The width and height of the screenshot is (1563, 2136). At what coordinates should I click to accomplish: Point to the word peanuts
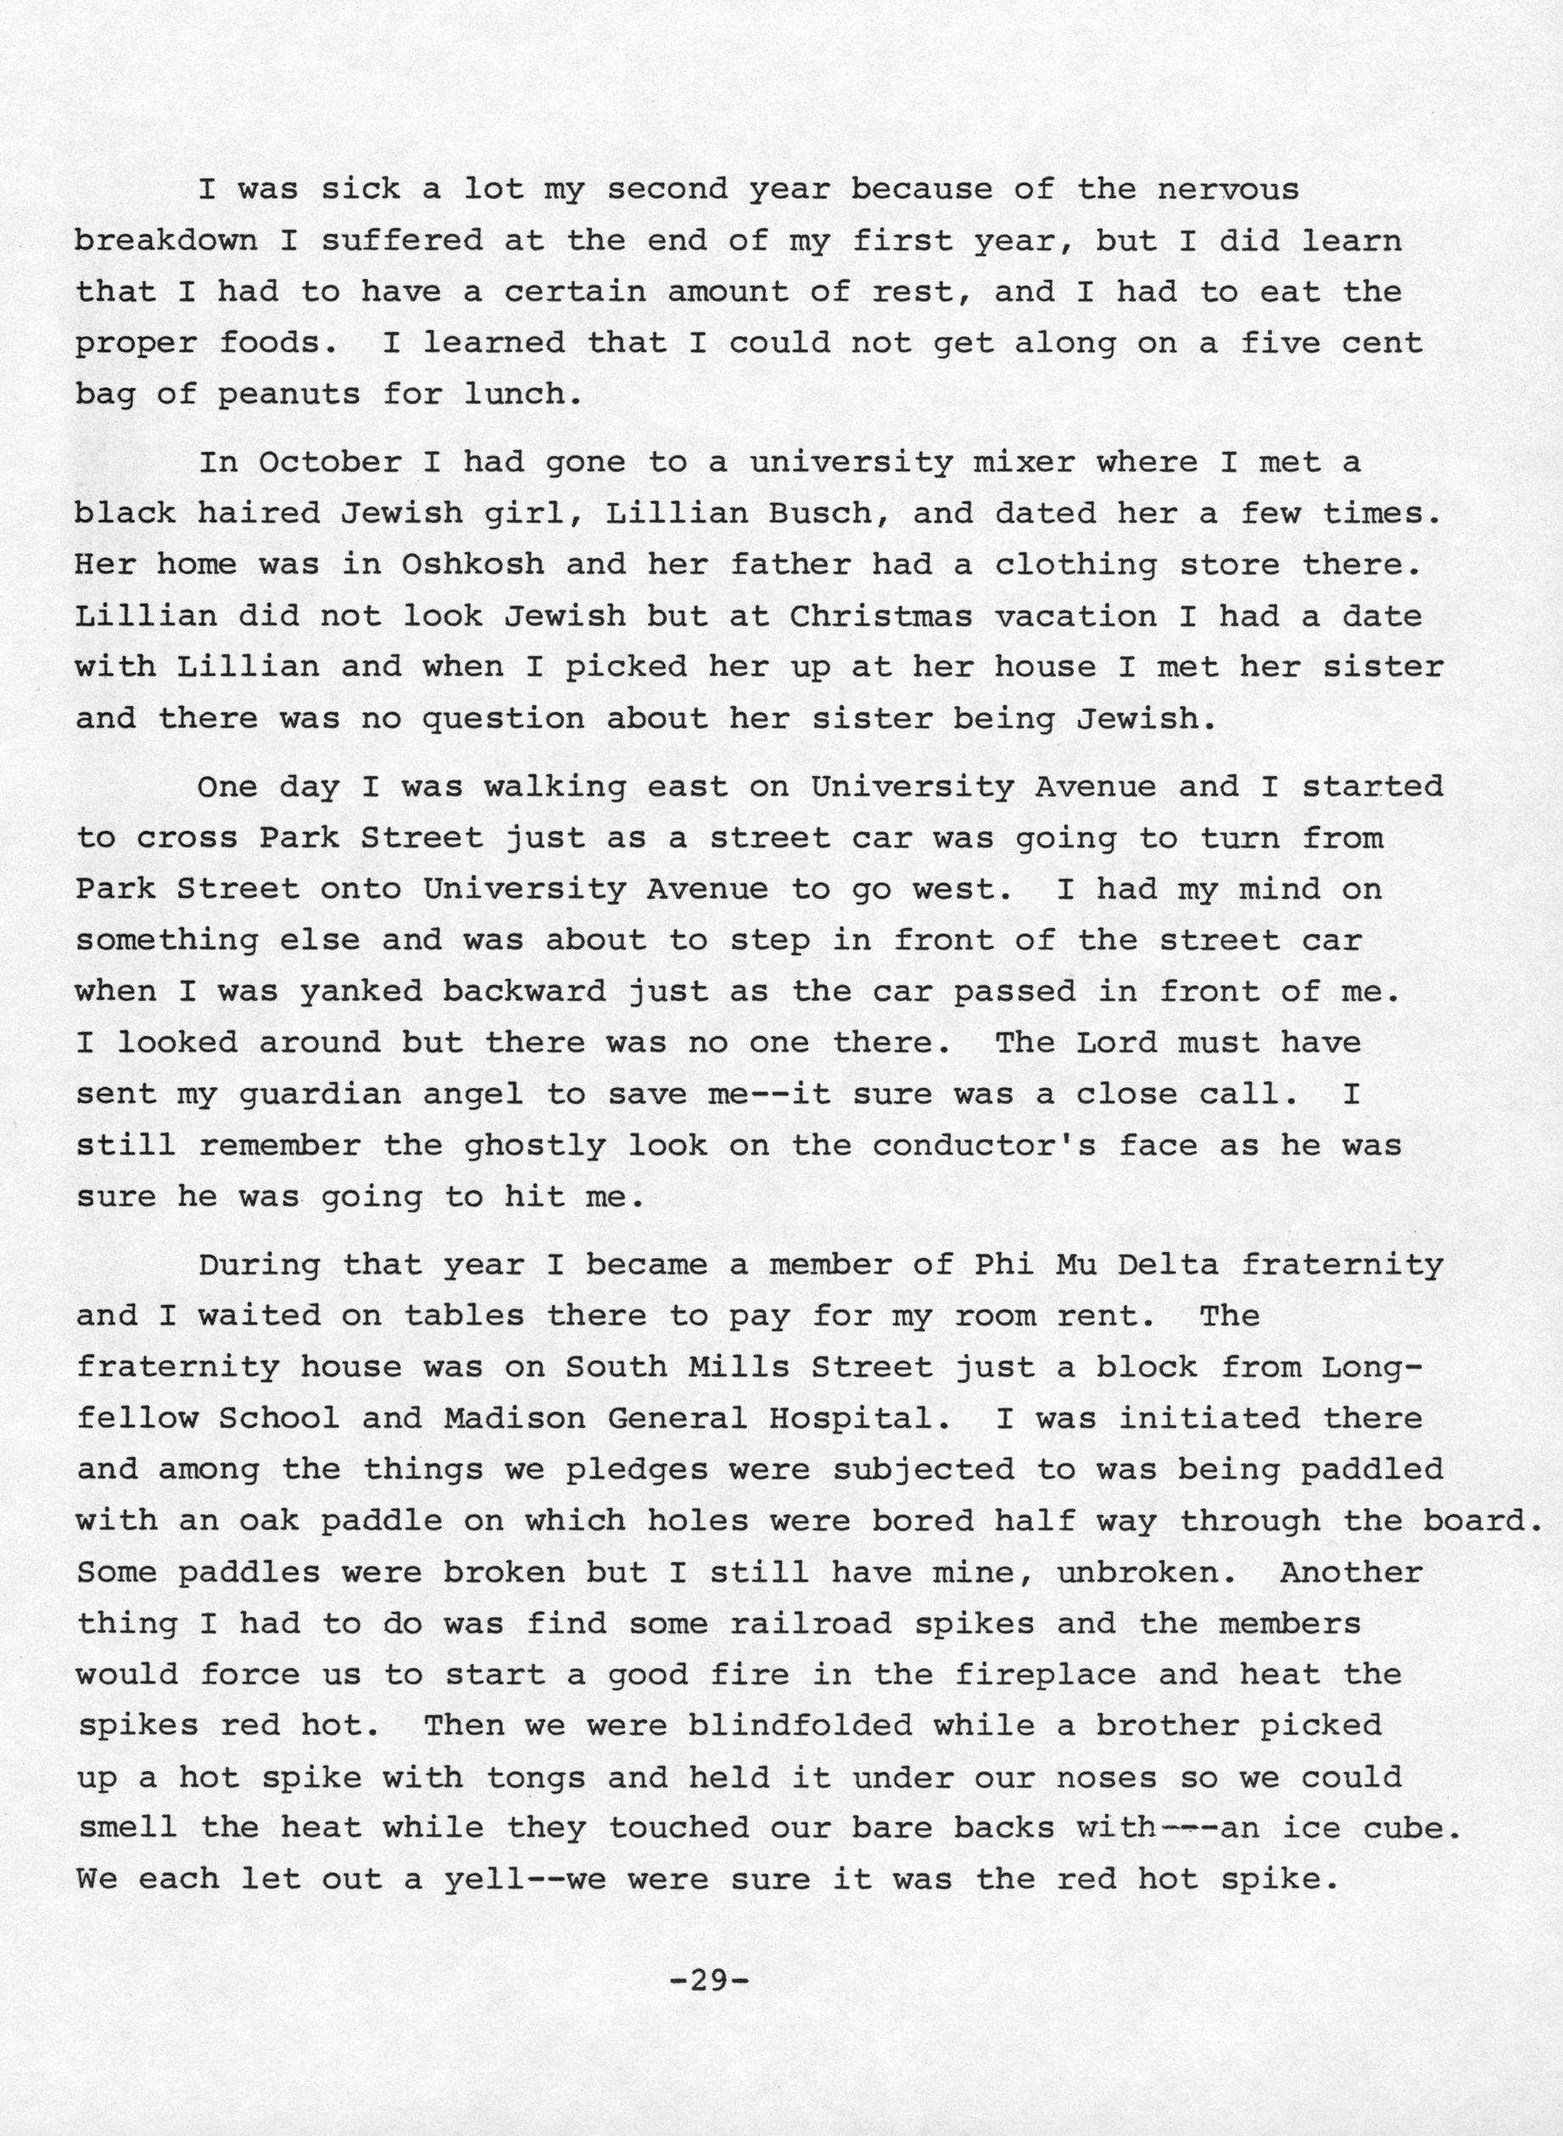point(288,394)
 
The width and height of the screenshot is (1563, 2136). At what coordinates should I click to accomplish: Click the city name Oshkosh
point(473,565)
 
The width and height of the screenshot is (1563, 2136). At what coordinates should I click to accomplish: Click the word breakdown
point(166,240)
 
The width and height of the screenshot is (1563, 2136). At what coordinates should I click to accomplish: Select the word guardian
point(310,1095)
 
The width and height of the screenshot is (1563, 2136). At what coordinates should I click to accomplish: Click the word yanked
point(360,991)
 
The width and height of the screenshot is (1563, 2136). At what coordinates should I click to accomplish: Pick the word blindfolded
point(800,1726)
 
